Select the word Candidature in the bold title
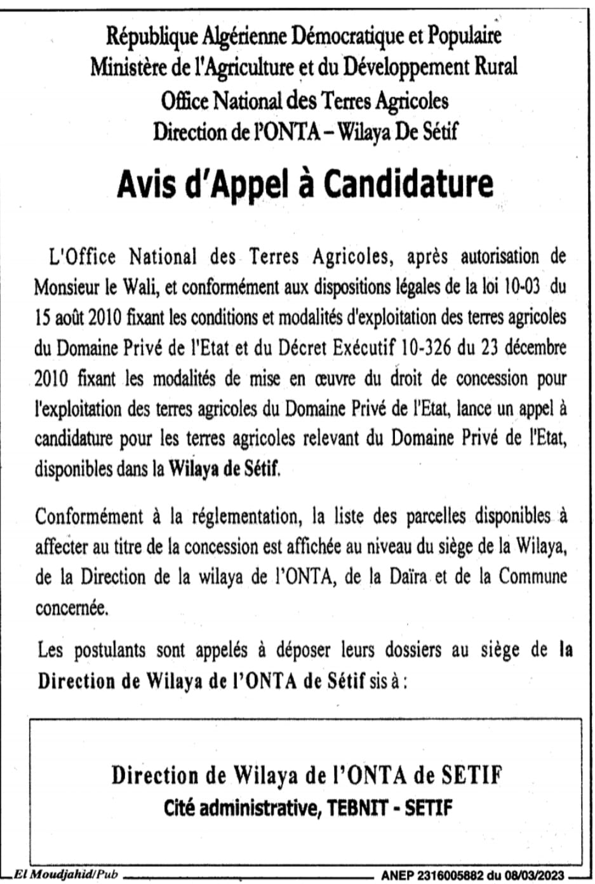coord(409,184)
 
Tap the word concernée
coord(71,608)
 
